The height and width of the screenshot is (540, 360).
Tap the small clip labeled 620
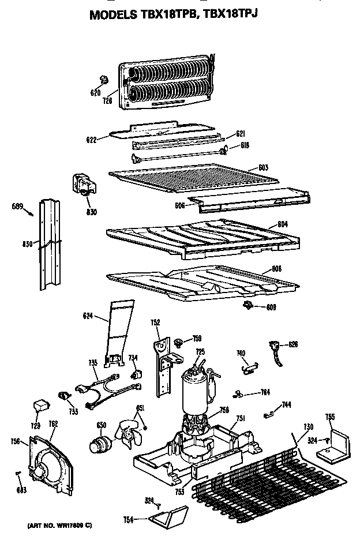[104, 79]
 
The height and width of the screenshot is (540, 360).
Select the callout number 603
[263, 167]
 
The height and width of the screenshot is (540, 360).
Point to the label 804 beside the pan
[282, 223]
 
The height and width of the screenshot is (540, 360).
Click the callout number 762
[52, 425]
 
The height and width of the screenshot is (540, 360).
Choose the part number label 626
[293, 344]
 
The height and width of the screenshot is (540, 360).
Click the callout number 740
[241, 352]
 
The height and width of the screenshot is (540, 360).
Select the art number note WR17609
[59, 526]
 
